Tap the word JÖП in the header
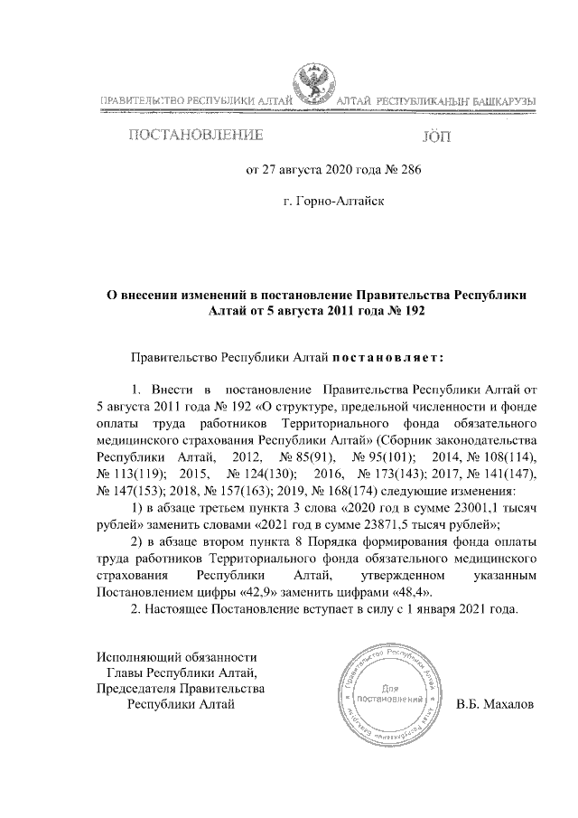[440, 137]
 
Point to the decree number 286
[406, 168]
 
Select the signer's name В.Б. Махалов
[496, 704]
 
